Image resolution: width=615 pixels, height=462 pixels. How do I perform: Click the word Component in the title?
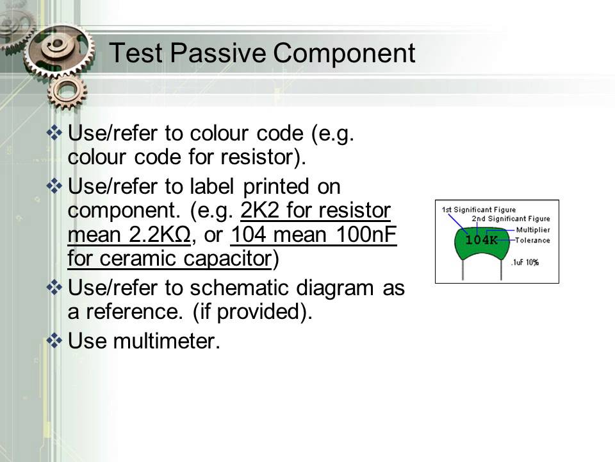pyautogui.click(x=345, y=54)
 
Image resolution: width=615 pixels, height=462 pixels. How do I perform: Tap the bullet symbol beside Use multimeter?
pyautogui.click(x=55, y=340)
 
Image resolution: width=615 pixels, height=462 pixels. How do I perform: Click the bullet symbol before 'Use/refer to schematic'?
pyautogui.click(x=55, y=287)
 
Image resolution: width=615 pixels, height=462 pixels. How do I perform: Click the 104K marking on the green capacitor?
pyautogui.click(x=481, y=240)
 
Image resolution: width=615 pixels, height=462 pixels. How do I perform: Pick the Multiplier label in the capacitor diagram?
pyautogui.click(x=532, y=230)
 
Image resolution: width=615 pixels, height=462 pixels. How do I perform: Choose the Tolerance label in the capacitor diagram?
pyautogui.click(x=532, y=240)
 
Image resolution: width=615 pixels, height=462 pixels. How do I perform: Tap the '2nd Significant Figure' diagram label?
pyautogui.click(x=511, y=219)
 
